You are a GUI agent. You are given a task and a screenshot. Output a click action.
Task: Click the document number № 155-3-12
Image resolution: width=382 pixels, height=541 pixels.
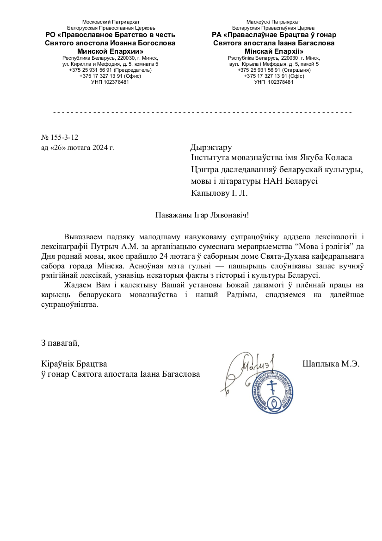[60, 137]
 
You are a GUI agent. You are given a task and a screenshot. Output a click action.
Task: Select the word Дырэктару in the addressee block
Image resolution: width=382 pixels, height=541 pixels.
[211, 148]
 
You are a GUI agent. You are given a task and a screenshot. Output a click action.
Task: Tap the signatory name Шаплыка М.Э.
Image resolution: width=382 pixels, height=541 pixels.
[331, 363]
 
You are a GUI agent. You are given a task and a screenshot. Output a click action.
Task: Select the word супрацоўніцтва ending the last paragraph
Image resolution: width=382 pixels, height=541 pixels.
[69, 305]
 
